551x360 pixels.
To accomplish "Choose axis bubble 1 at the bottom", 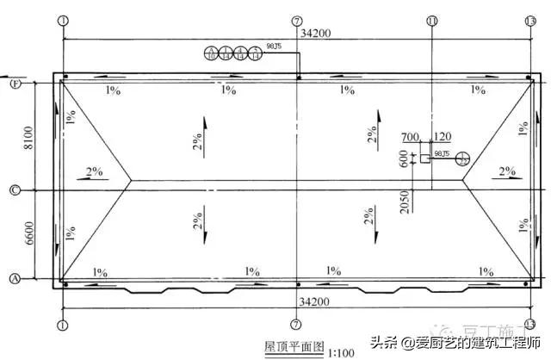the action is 62,325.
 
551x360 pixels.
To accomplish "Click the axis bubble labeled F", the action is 14,84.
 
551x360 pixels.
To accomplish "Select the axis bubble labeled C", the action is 14,189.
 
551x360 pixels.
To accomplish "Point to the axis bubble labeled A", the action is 14,278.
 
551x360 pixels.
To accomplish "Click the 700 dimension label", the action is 410,136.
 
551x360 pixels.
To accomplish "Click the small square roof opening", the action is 424,158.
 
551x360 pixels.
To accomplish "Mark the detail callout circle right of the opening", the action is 462,158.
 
